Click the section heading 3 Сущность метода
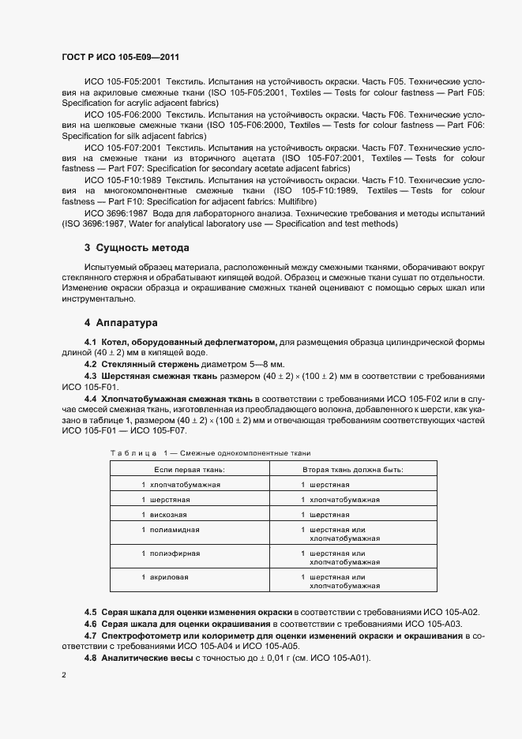coord(131,249)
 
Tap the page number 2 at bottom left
coord(63,676)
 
